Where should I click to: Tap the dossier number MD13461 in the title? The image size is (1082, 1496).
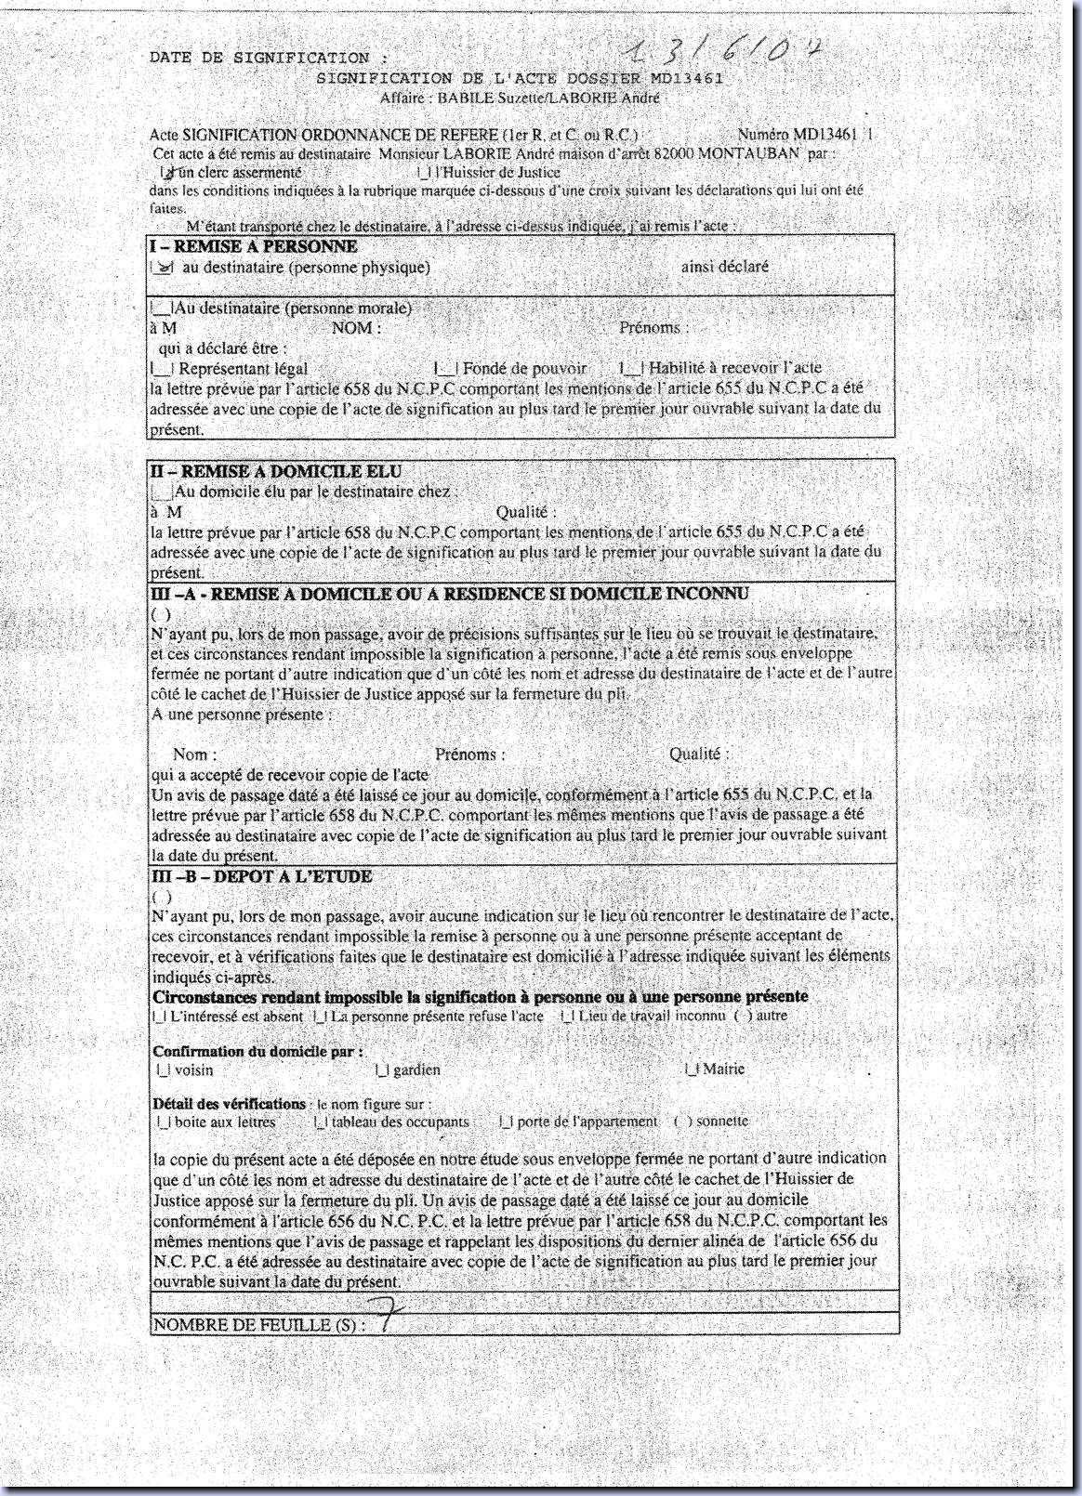click(x=687, y=79)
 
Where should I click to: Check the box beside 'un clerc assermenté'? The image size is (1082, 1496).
click(x=167, y=172)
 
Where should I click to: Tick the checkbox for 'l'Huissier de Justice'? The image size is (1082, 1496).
click(x=423, y=172)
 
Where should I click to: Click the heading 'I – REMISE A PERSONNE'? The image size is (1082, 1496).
click(x=253, y=246)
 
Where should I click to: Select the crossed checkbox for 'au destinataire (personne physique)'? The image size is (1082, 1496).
click(x=163, y=268)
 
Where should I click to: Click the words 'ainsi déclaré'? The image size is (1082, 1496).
click(x=724, y=267)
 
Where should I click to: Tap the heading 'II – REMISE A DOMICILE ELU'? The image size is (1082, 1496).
click(x=276, y=472)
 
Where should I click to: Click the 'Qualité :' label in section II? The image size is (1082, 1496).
click(x=525, y=512)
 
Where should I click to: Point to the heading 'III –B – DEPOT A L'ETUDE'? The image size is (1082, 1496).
click(x=261, y=876)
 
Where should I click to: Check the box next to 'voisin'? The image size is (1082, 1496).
click(x=163, y=1070)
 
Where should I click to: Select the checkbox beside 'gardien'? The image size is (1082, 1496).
click(x=381, y=1070)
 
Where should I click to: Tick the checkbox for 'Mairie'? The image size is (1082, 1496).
click(x=691, y=1070)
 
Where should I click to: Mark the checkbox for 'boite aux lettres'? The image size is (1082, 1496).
click(x=163, y=1122)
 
